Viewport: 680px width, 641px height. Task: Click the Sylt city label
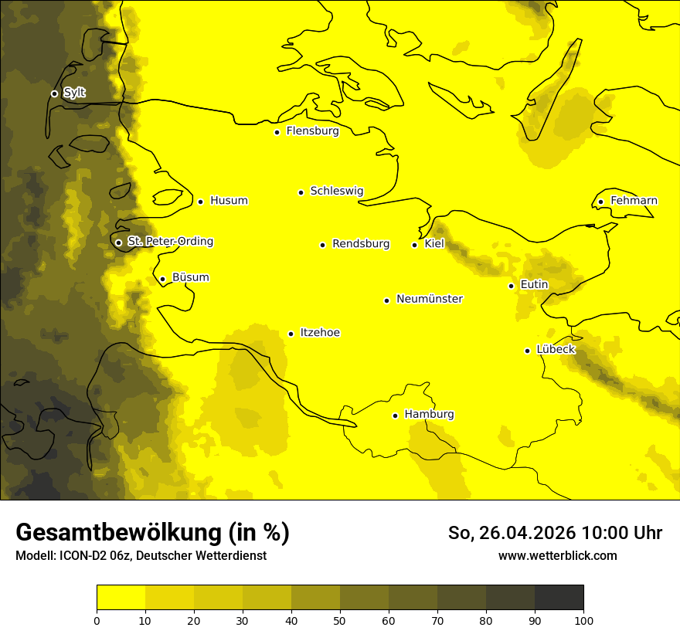point(74,93)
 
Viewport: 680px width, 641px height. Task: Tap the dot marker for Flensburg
point(277,132)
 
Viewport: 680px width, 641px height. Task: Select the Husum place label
point(229,201)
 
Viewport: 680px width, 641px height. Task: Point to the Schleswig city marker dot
point(301,192)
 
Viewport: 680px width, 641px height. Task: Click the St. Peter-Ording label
point(170,242)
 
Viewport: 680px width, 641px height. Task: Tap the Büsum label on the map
point(190,278)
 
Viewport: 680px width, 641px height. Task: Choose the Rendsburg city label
point(361,244)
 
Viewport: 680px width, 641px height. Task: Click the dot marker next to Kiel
point(415,245)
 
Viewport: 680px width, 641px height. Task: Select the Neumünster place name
point(430,299)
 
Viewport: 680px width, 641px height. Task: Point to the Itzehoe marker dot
point(291,334)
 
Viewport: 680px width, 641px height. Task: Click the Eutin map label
point(534,285)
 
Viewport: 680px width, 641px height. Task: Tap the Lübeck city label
point(555,350)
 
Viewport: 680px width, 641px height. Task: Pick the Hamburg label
point(429,415)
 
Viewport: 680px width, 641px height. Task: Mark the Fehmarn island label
point(634,201)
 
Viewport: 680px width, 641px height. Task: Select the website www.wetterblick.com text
point(557,556)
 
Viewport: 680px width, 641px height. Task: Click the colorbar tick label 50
point(340,620)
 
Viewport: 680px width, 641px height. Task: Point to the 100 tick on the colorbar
point(583,620)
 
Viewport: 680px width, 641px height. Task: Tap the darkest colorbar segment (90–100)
point(559,597)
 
